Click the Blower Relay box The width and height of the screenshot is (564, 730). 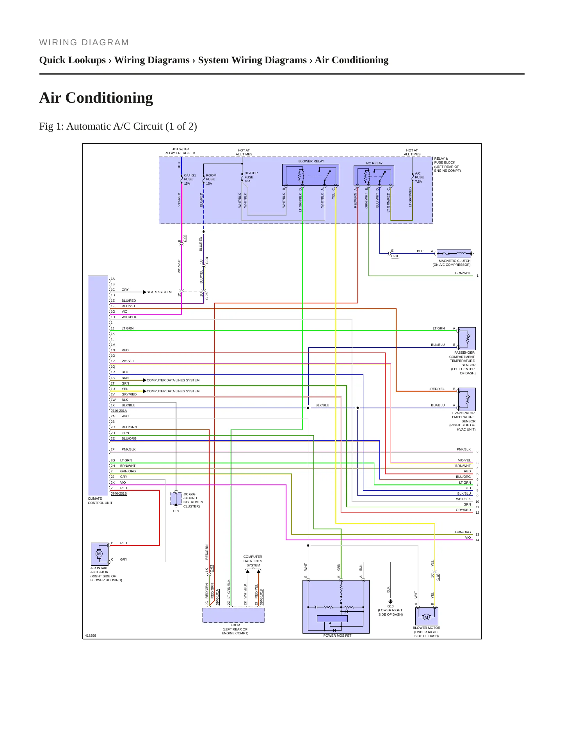(x=310, y=175)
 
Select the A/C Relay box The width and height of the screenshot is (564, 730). (x=374, y=176)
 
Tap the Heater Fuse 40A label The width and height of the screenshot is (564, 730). (x=251, y=177)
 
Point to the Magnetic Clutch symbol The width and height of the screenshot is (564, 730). (x=454, y=253)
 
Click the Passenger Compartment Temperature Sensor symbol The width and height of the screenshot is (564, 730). (x=466, y=338)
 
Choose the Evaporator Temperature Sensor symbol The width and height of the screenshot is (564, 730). (x=466, y=399)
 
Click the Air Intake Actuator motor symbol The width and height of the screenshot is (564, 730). (x=100, y=554)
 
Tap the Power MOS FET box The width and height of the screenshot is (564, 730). (x=336, y=607)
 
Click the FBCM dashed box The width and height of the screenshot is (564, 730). (x=233, y=615)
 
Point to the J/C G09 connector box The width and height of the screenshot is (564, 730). (x=176, y=499)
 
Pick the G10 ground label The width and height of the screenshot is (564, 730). (x=390, y=606)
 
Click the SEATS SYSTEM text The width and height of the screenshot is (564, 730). (x=159, y=292)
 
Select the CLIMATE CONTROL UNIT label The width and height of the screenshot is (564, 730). (x=100, y=500)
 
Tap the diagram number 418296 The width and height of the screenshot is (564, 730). (x=90, y=636)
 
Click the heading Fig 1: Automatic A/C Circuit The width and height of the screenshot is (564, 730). (x=118, y=126)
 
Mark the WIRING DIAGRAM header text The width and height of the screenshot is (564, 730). (x=84, y=43)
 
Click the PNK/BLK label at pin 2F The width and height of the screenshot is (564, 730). (x=128, y=449)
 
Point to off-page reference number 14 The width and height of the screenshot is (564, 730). (x=477, y=540)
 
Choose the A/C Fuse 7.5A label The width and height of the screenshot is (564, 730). (x=419, y=177)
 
